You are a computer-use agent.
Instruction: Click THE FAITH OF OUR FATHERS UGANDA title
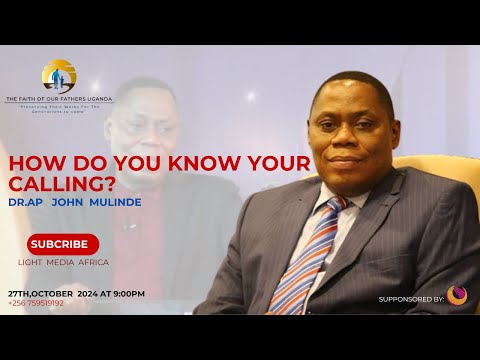[59, 98]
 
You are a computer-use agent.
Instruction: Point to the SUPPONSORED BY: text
[411, 299]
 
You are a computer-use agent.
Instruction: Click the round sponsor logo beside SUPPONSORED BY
[456, 295]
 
